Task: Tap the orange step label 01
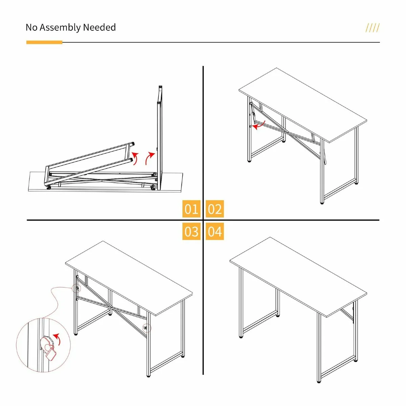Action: (191, 209)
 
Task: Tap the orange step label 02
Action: (215, 209)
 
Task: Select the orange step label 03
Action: (191, 232)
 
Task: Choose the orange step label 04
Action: (215, 232)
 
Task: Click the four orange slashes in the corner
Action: (372, 28)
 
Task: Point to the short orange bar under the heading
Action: (44, 42)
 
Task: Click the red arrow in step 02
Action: (259, 126)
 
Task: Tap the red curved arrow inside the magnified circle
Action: (57, 339)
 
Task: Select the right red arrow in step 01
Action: (150, 158)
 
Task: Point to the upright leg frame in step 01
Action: (159, 135)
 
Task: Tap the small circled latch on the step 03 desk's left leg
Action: (77, 289)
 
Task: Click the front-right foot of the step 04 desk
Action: (319, 381)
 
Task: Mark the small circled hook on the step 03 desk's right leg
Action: (147, 328)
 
